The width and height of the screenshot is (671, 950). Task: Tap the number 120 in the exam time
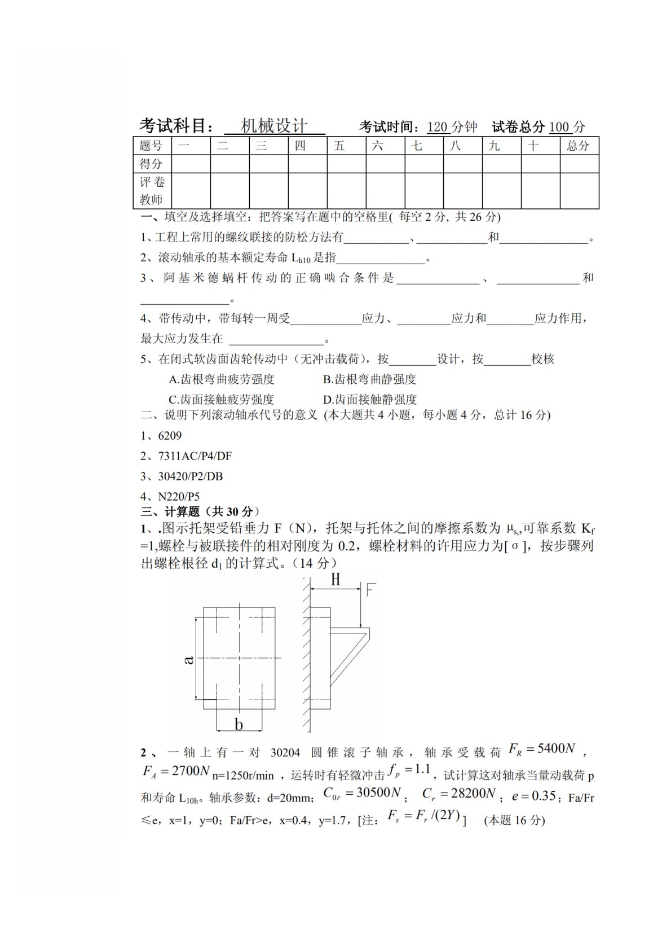click(437, 126)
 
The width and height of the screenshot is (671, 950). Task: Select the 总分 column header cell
click(579, 146)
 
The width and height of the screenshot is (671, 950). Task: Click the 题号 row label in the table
click(152, 146)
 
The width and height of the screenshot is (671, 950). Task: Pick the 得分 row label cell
click(152, 164)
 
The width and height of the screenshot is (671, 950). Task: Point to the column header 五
click(339, 146)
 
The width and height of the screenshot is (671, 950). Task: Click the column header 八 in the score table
click(456, 146)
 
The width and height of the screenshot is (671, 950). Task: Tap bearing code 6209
click(170, 436)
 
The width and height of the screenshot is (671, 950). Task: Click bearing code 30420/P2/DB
click(190, 476)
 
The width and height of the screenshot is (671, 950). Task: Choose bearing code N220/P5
click(179, 497)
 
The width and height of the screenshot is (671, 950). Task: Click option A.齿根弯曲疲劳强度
click(221, 379)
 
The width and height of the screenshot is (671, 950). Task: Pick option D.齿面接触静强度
click(370, 400)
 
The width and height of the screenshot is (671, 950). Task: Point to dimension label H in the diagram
click(335, 580)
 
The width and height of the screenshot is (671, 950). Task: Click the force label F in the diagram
click(370, 590)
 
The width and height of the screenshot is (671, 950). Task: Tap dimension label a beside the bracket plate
click(189, 659)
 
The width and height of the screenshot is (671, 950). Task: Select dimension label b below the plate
click(239, 724)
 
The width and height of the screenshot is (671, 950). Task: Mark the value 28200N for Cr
click(472, 794)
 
